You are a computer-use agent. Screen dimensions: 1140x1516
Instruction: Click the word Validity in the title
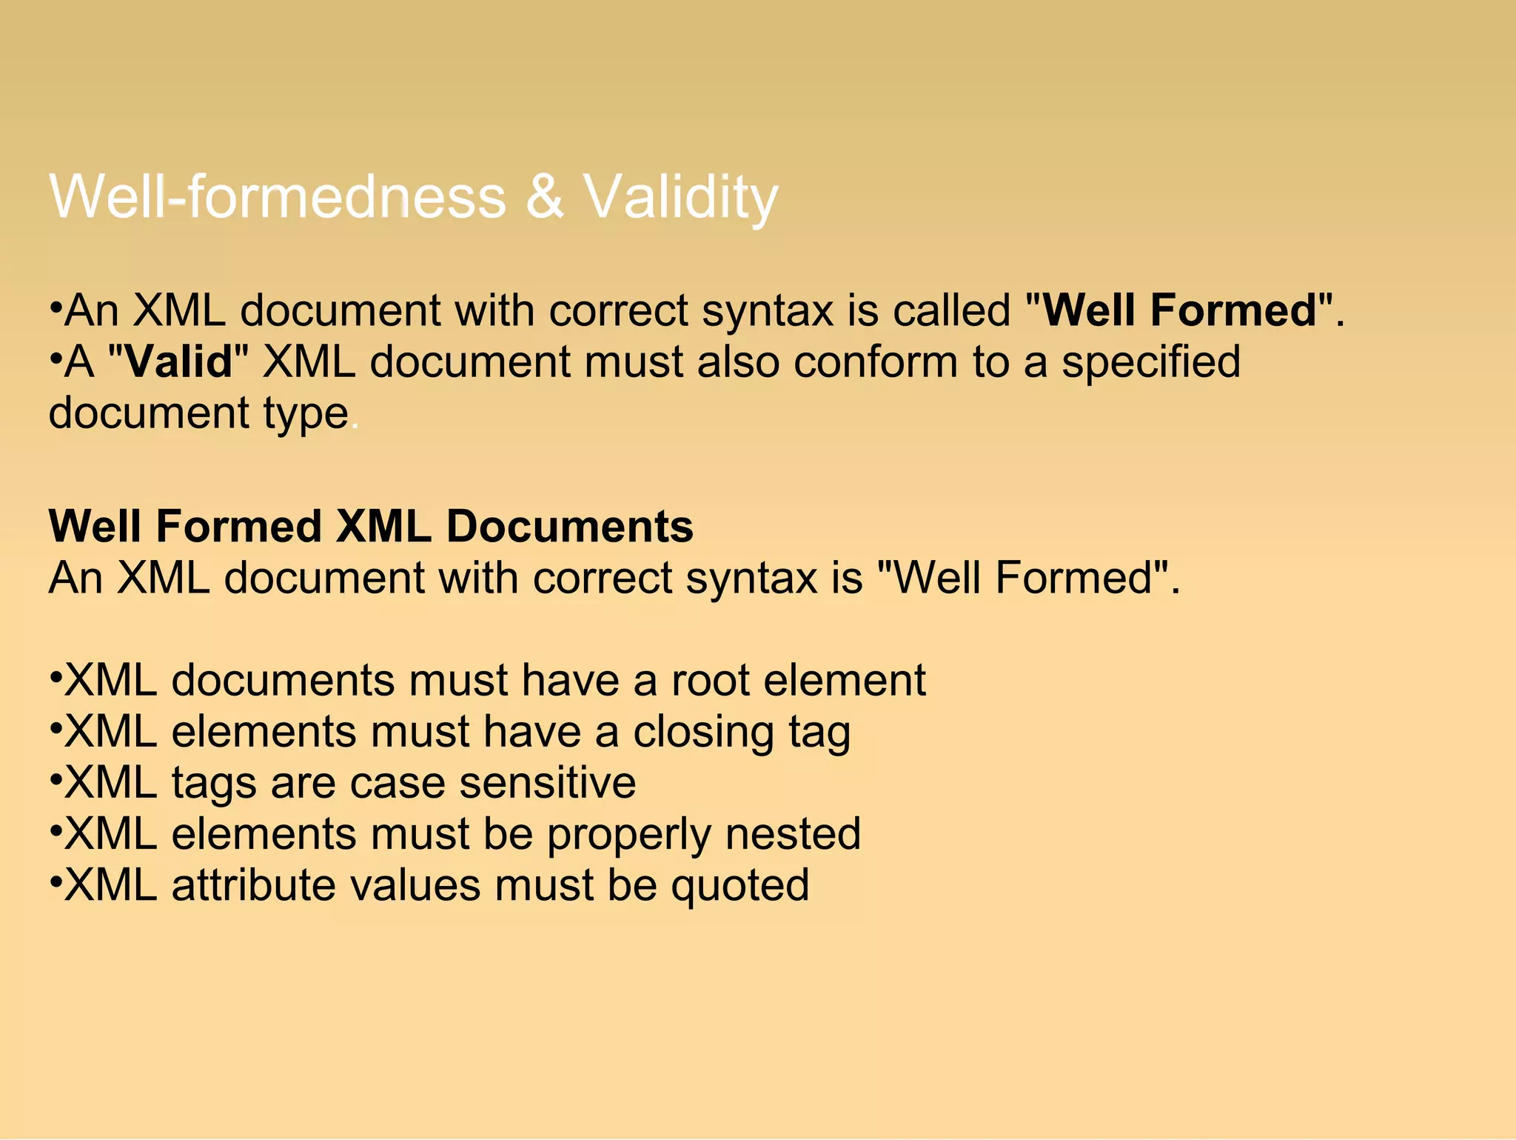click(x=680, y=197)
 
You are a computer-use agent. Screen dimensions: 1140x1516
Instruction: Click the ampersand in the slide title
click(x=545, y=197)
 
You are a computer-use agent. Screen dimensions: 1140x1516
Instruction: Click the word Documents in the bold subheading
click(x=569, y=527)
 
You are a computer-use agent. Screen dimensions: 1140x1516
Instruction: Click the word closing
click(x=702, y=732)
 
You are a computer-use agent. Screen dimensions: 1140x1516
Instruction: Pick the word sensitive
click(x=547, y=783)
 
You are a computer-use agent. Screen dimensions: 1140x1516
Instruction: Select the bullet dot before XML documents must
click(x=56, y=678)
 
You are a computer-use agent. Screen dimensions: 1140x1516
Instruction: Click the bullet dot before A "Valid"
click(x=56, y=360)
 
